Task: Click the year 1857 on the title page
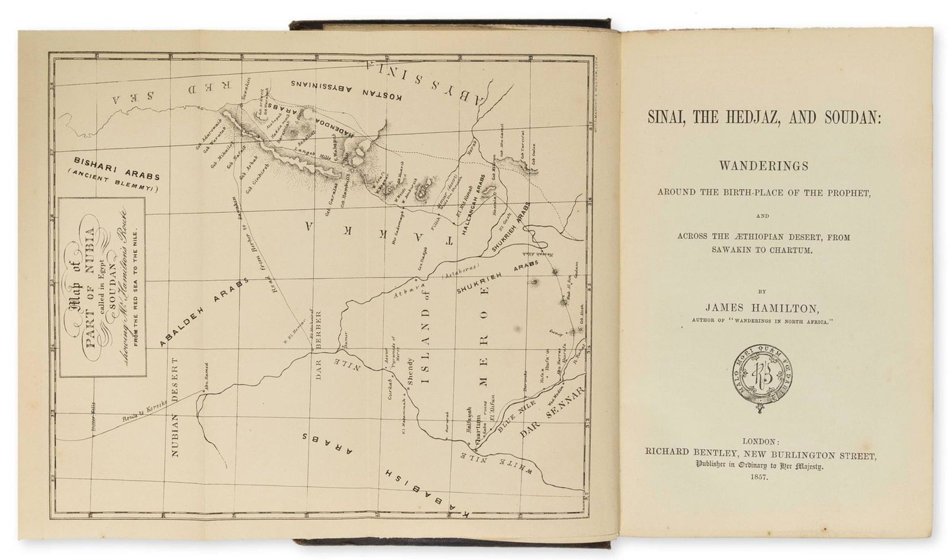point(759,476)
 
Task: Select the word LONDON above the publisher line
point(759,441)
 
